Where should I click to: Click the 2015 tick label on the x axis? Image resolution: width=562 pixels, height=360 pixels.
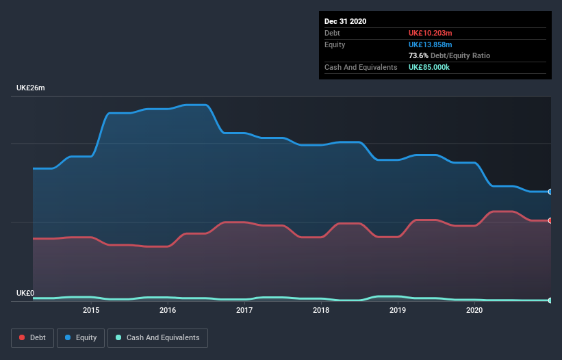(91, 311)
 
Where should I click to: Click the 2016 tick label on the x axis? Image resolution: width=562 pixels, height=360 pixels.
(168, 311)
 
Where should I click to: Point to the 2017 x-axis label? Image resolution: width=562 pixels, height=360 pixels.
(244, 311)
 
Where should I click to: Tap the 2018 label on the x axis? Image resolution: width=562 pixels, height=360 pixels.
(321, 311)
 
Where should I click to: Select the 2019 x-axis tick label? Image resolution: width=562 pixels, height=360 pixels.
(398, 311)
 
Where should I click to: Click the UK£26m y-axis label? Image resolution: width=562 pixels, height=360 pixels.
(30, 88)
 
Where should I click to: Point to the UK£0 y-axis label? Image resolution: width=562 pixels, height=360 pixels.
(25, 293)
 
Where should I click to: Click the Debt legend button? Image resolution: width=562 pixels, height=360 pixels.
(32, 337)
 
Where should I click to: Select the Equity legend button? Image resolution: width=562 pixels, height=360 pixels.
(81, 337)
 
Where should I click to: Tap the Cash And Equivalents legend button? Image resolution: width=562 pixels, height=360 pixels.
(158, 337)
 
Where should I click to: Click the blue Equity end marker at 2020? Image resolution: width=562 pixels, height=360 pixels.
(550, 192)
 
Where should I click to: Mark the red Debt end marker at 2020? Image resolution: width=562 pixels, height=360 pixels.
(550, 220)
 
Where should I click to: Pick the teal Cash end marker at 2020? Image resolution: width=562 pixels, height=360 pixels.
(550, 300)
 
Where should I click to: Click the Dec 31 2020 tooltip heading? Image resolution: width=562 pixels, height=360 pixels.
(345, 21)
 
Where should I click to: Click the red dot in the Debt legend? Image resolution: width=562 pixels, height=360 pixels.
(23, 337)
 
